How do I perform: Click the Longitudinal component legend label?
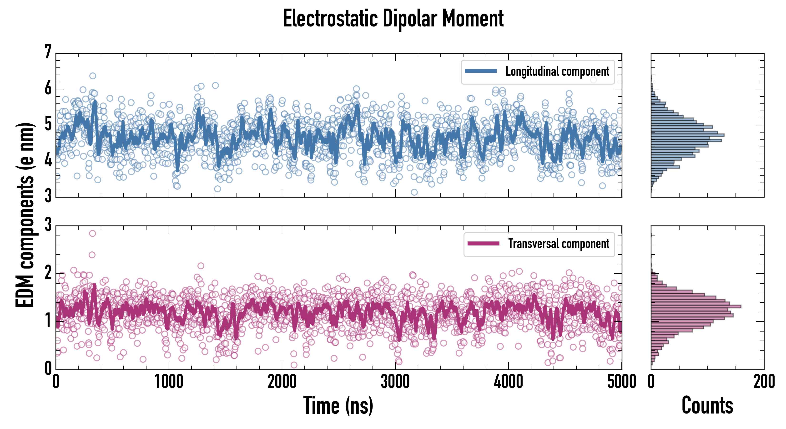tap(557, 71)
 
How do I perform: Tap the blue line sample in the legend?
tap(481, 71)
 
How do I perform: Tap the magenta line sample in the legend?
tap(483, 243)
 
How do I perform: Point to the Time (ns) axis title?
tap(338, 405)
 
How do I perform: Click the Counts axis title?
tap(707, 405)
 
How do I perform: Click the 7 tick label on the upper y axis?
tap(48, 52)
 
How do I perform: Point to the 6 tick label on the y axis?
tap(48, 89)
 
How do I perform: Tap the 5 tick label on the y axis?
tap(48, 125)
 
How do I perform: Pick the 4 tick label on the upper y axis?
tap(48, 160)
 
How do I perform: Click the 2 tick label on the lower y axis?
tap(48, 273)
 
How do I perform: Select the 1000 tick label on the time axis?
tap(169, 382)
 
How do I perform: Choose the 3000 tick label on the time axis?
tap(395, 382)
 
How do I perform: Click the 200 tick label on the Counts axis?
tap(764, 382)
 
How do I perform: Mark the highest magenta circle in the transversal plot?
tap(92, 234)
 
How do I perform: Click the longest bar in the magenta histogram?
tap(696, 306)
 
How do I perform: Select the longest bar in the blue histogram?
tap(687, 135)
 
